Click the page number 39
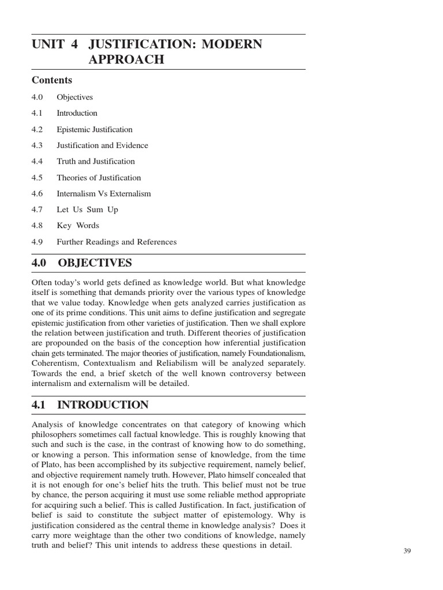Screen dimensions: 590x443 [x=407, y=551]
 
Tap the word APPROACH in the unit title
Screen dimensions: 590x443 [x=126, y=59]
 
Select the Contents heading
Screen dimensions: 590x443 [x=52, y=80]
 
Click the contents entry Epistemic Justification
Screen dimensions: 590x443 [x=94, y=130]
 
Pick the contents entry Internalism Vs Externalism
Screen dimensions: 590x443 [x=103, y=194]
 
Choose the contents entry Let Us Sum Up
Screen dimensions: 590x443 [x=87, y=210]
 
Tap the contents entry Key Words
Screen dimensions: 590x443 [x=78, y=226]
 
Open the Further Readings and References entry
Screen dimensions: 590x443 [x=117, y=242]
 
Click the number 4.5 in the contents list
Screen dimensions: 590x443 [x=37, y=177]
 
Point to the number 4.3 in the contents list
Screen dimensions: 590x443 [x=37, y=146]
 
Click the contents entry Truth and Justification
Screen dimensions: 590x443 [x=96, y=162]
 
